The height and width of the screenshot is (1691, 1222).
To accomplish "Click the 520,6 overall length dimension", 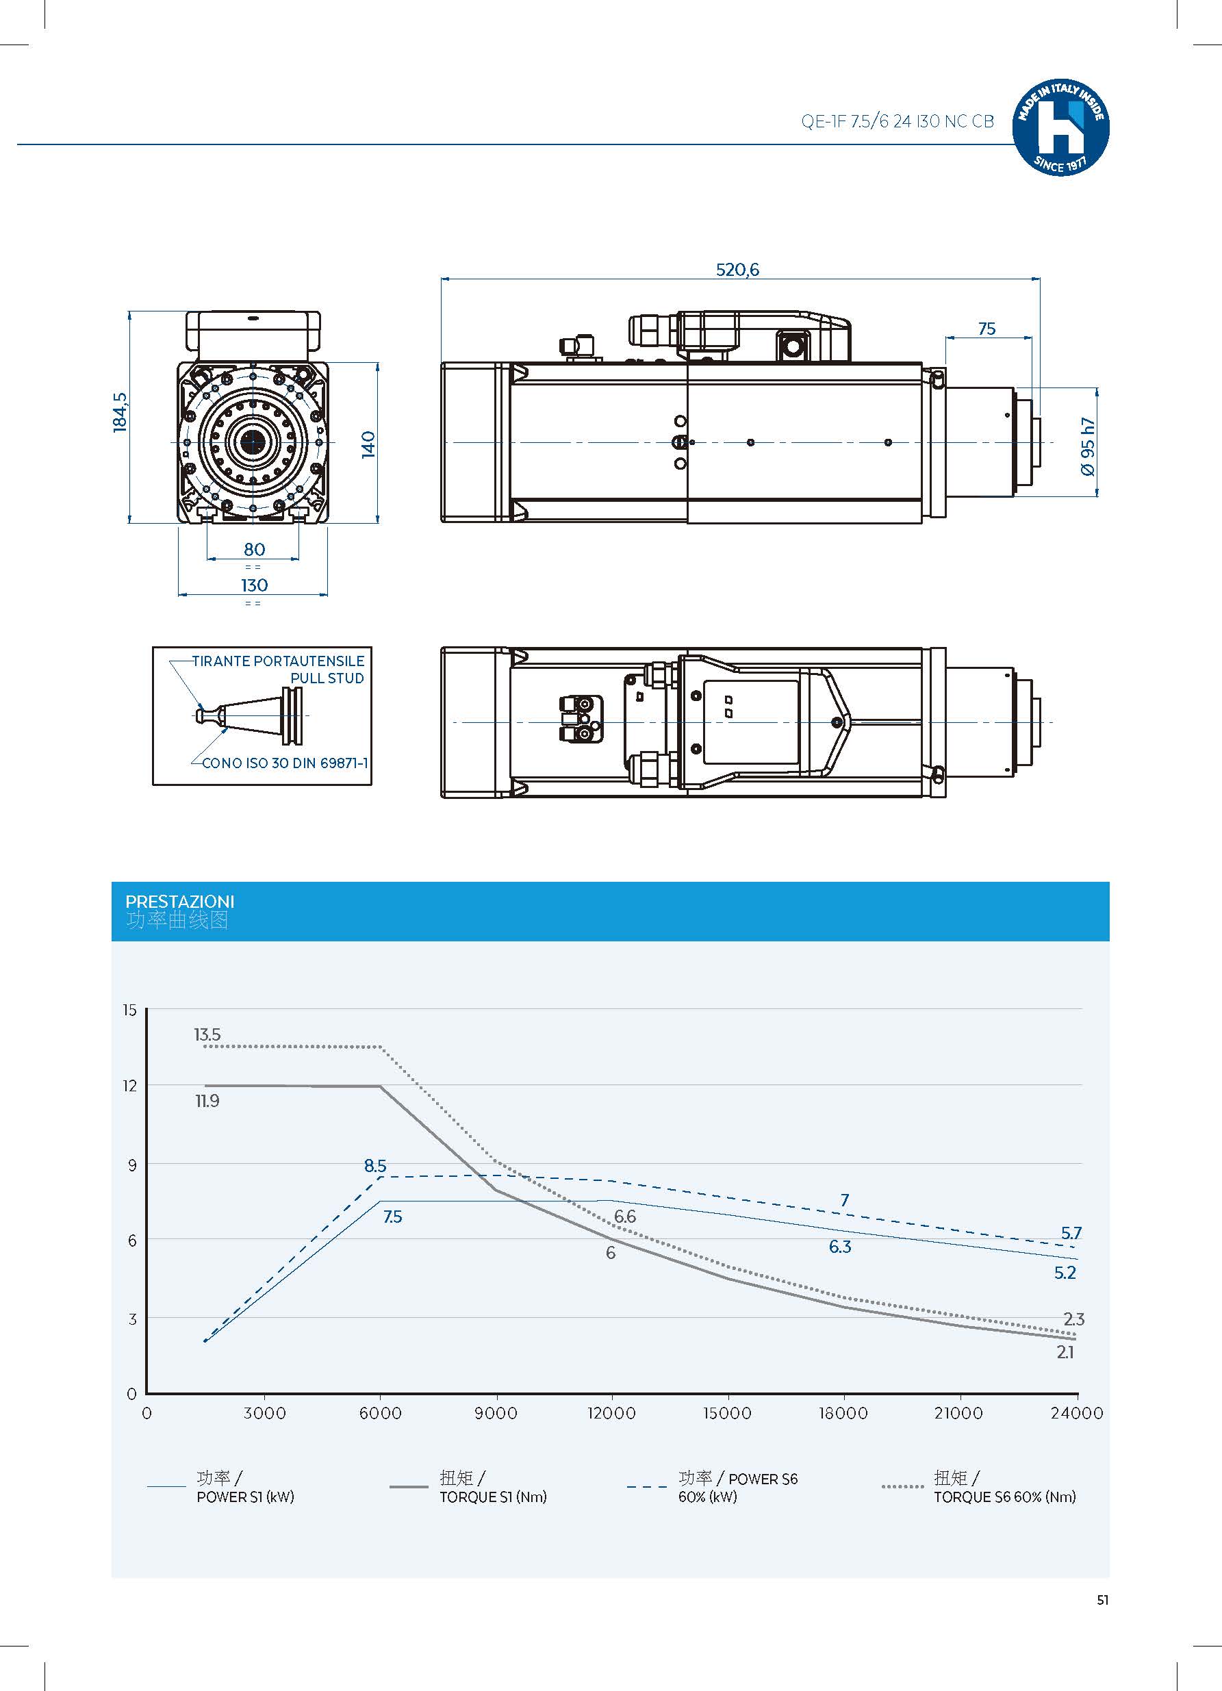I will coord(737,270).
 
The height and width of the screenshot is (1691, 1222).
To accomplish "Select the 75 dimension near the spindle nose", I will coord(986,329).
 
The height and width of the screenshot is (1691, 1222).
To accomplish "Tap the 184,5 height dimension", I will coord(120,412).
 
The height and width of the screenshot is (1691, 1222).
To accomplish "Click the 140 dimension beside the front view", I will coord(368,444).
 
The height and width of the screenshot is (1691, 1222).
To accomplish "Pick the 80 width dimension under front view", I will coord(254,550).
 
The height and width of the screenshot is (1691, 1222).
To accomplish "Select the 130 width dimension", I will coord(253,585).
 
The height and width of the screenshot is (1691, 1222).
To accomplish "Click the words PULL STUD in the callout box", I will coord(327,678).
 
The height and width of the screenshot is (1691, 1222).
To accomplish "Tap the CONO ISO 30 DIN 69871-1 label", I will coord(284,763).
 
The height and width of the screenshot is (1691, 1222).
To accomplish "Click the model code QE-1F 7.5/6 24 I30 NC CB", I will coord(897,122).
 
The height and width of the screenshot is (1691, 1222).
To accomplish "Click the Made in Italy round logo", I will coord(1060,127).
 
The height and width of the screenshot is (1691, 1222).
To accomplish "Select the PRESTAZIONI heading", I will coord(179,902).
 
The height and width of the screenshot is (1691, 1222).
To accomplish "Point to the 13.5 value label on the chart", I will coord(207,1035).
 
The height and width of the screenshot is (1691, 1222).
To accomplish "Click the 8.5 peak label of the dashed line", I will coord(375,1166).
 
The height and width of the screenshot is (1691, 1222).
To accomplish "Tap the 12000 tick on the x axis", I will coord(611,1414).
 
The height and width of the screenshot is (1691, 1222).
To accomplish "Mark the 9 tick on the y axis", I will coord(132,1165).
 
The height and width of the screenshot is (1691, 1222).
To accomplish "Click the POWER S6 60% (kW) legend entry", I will coord(737,1488).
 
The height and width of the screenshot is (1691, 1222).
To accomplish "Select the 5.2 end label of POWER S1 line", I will coord(1065,1273).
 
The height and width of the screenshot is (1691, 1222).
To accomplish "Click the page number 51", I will coord(1103,1600).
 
